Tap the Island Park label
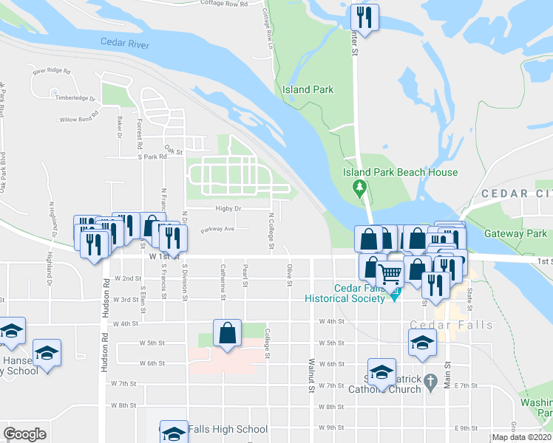[308, 90]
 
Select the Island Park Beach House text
[400, 173]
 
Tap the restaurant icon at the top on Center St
[363, 16]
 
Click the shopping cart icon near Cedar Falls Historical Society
[390, 275]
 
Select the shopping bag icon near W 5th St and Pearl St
[227, 332]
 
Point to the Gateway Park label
[515, 234]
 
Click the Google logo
[25, 434]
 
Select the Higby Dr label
[228, 209]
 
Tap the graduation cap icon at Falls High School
[174, 433]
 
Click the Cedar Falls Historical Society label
[348, 293]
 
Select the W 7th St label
[124, 385]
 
